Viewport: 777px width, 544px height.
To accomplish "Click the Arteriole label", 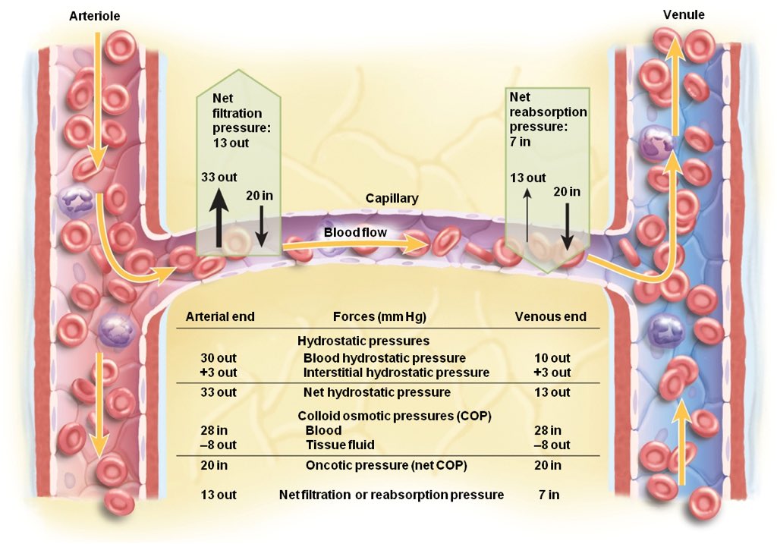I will tap(94, 16).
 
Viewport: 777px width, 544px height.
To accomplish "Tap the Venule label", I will tap(683, 14).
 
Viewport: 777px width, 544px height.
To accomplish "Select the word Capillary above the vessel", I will tap(392, 198).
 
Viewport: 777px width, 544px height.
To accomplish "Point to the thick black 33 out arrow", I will tap(219, 219).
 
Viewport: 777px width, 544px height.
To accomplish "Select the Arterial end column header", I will tap(220, 316).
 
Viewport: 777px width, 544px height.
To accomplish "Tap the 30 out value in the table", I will tap(219, 357).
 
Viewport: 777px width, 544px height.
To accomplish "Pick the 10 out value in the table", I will tap(552, 357).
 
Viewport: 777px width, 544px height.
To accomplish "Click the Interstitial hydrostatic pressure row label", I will tap(396, 373).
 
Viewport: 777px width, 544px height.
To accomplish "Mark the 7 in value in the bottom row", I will tap(549, 495).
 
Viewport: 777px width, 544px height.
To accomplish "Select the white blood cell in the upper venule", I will tap(656, 142).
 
